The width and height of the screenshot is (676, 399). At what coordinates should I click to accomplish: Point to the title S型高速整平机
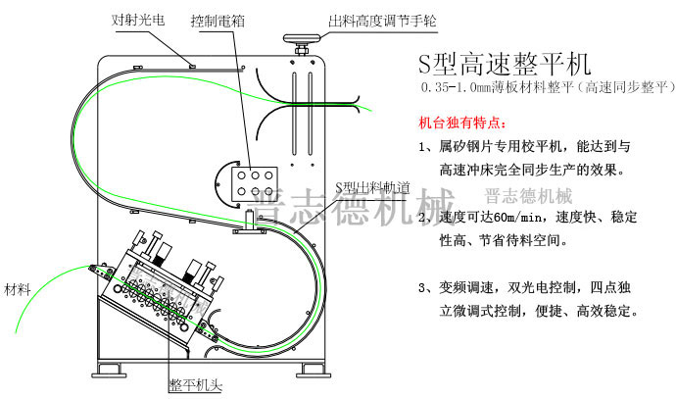coord(504,66)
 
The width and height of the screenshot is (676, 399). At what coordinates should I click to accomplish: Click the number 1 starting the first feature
coord(422,146)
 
